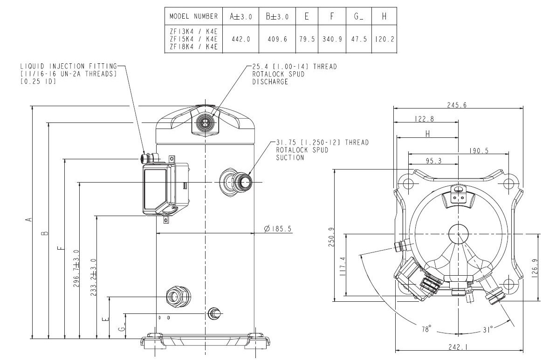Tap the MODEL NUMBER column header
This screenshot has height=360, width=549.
[x=193, y=16]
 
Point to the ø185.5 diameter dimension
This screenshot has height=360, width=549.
[x=277, y=229]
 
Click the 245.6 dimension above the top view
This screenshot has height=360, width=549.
[x=457, y=105]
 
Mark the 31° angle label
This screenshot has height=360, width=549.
[x=487, y=330]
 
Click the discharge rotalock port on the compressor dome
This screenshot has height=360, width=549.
[x=205, y=122]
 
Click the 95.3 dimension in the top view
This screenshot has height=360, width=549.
[x=433, y=161]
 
